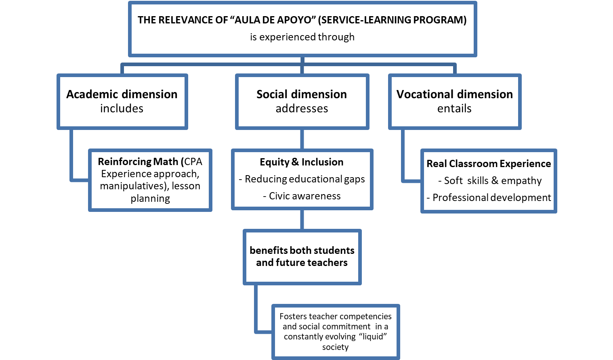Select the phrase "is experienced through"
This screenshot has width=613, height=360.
302,37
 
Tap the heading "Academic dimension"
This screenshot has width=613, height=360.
122,94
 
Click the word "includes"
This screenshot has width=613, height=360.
122,109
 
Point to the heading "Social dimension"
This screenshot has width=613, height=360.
302,94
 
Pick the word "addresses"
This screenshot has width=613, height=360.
302,109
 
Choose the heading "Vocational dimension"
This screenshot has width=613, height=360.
454,94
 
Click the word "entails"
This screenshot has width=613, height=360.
454,109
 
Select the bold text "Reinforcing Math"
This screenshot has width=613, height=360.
139,162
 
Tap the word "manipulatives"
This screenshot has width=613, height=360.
132,186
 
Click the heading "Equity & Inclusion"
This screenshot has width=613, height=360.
302,162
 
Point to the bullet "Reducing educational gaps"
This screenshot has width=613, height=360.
304,179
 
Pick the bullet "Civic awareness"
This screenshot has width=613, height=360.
304,196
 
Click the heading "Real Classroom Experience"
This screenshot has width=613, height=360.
489,164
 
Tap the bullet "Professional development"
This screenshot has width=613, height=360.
491,198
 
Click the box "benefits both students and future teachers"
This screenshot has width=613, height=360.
302,257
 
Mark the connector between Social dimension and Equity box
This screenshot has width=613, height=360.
302,139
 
